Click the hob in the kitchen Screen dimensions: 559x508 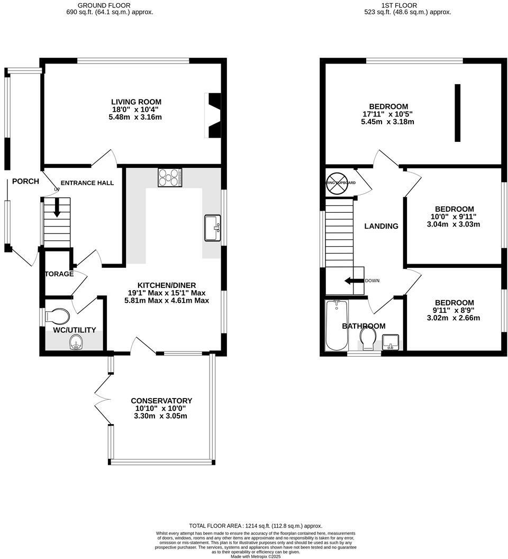point(170,178)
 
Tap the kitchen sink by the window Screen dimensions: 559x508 point(213,228)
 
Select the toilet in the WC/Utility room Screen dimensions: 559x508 point(58,316)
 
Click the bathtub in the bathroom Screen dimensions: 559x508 point(335,325)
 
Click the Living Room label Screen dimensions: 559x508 point(136,102)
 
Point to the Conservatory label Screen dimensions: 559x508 point(161,401)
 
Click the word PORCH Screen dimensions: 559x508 point(25,181)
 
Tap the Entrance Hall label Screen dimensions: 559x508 point(87,183)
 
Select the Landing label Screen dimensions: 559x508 point(381,226)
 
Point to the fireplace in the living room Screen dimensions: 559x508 point(213,115)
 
